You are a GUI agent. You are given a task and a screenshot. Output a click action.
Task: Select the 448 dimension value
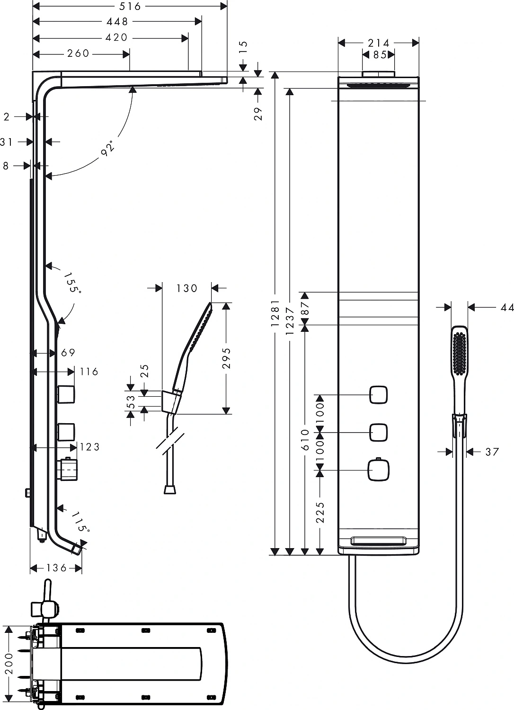click(117, 21)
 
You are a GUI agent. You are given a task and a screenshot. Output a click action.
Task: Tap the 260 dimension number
click(78, 53)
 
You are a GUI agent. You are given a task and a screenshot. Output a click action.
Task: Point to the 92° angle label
click(109, 148)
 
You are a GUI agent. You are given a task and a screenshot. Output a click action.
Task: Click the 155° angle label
click(72, 283)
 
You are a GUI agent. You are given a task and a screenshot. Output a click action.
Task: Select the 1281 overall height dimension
click(275, 313)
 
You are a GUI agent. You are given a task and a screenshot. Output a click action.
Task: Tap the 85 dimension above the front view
click(379, 55)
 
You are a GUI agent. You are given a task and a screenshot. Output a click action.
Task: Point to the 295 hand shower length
click(226, 358)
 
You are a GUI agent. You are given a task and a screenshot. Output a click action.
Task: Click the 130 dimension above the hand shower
click(186, 288)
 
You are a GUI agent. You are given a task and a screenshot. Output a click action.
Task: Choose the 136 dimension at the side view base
click(57, 568)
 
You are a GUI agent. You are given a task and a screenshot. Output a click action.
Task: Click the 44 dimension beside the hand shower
click(507, 308)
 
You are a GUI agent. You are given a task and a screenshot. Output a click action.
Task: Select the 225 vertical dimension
click(320, 512)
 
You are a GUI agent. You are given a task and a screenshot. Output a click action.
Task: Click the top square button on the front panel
click(378, 395)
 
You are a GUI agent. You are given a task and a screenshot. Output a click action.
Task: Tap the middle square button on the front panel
click(378, 432)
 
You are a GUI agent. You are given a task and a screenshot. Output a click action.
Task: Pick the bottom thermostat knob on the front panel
click(378, 470)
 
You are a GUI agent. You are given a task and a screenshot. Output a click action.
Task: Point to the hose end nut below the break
click(169, 489)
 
